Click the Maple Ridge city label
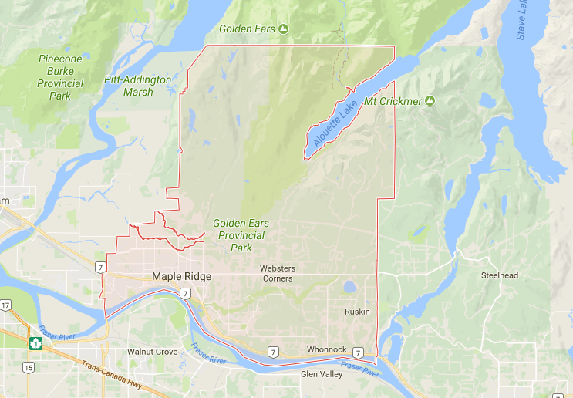(x=181, y=276)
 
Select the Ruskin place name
(x=357, y=312)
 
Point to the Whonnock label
(x=326, y=349)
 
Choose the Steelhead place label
(x=499, y=275)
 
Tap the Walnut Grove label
(x=152, y=352)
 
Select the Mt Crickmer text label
(x=393, y=101)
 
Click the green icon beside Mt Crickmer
(x=430, y=101)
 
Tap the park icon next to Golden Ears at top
(x=283, y=29)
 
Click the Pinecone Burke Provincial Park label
(x=60, y=77)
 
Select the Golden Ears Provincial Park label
(x=241, y=235)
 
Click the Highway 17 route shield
(x=5, y=305)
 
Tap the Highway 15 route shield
(x=29, y=367)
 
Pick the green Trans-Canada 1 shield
(x=35, y=342)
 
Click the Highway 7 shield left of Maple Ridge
(x=100, y=267)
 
